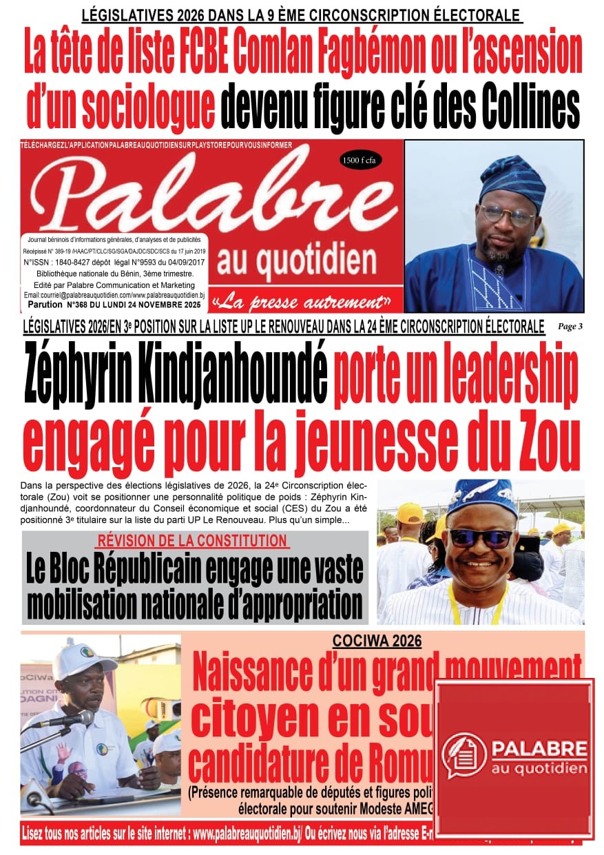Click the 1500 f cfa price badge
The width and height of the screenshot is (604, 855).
[x=361, y=161]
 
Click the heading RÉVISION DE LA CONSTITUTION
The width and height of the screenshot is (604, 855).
[x=192, y=541]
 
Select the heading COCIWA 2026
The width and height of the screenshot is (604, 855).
[x=377, y=641]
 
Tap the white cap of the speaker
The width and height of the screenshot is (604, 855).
[x=83, y=662]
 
